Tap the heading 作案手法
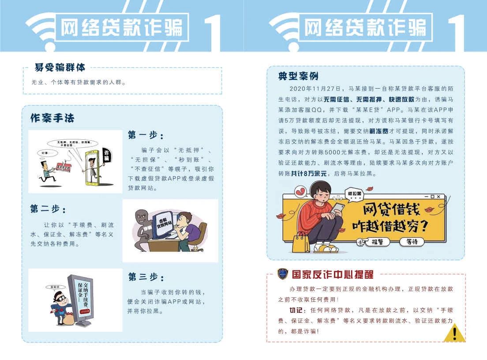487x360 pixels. click(x=52, y=118)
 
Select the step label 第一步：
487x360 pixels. click(x=146, y=135)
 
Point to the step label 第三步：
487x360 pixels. click(x=146, y=277)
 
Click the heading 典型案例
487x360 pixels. click(x=298, y=76)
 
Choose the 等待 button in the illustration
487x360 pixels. click(x=411, y=242)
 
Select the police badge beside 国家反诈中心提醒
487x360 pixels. click(x=282, y=274)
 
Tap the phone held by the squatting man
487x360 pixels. click(x=338, y=207)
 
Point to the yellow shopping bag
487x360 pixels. click(x=300, y=242)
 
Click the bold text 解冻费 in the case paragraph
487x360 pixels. click(x=378, y=131)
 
